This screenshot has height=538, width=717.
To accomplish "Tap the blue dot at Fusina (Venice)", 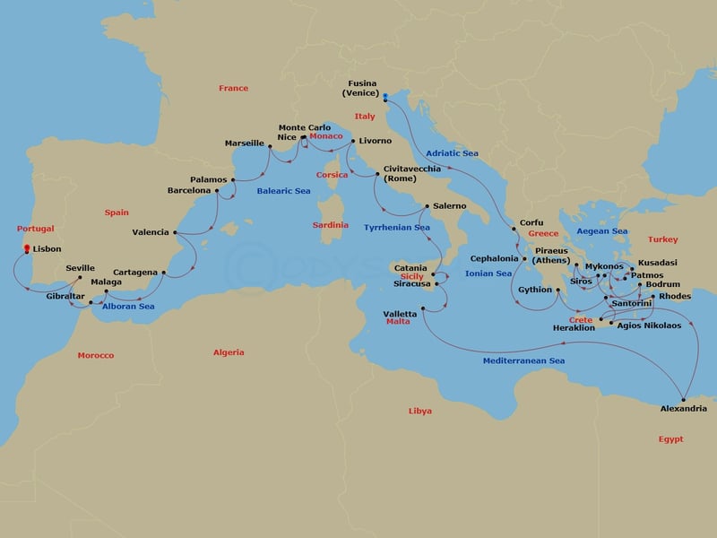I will tap(384, 96).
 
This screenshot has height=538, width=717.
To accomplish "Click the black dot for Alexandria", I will tap(684, 399).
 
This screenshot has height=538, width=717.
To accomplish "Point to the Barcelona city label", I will tap(189, 191).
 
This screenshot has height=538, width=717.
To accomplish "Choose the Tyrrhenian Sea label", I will tap(397, 228).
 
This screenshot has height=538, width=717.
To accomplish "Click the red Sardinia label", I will tap(331, 225).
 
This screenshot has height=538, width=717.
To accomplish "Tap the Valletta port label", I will tap(400, 314).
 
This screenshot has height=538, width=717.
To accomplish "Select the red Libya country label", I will tap(419, 411).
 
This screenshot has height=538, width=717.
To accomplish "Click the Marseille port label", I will tap(245, 143).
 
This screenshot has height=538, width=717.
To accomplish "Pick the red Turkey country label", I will tap(663, 239).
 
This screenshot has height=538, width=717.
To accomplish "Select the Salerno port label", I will tap(448, 206).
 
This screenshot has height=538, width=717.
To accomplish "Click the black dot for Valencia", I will tap(174, 233).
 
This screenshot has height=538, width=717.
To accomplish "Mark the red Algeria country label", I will tap(229, 352).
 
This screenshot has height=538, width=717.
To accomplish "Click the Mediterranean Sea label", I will tap(524, 360).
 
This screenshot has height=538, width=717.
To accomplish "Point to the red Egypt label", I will tap(670, 439).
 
